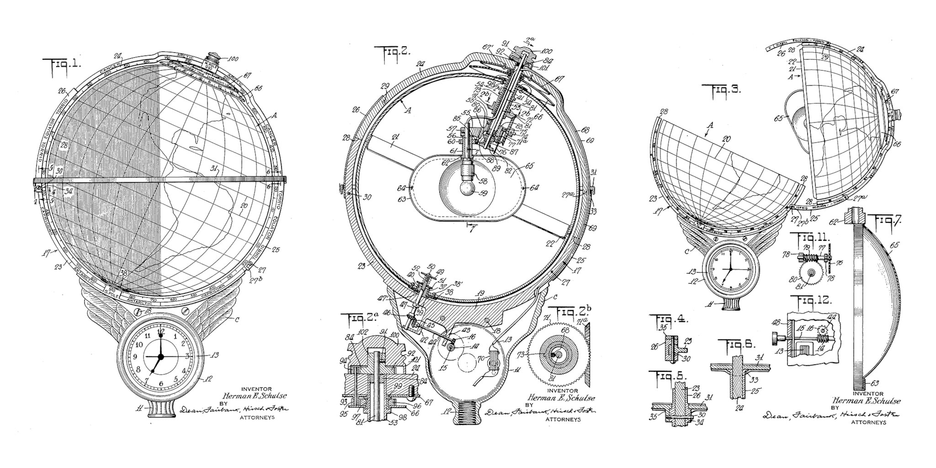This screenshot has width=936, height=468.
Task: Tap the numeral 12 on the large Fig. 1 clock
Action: pyautogui.click(x=161, y=331)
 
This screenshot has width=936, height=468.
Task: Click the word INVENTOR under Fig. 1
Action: pyautogui.click(x=256, y=389)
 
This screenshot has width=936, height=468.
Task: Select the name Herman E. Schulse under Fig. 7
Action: pyautogui.click(x=867, y=401)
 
